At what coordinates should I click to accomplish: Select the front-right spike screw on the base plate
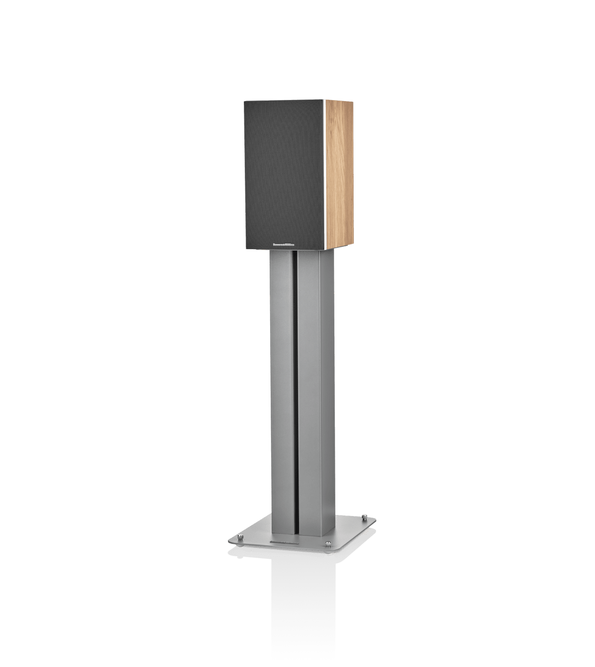327,543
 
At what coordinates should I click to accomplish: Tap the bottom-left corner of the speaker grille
246,249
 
